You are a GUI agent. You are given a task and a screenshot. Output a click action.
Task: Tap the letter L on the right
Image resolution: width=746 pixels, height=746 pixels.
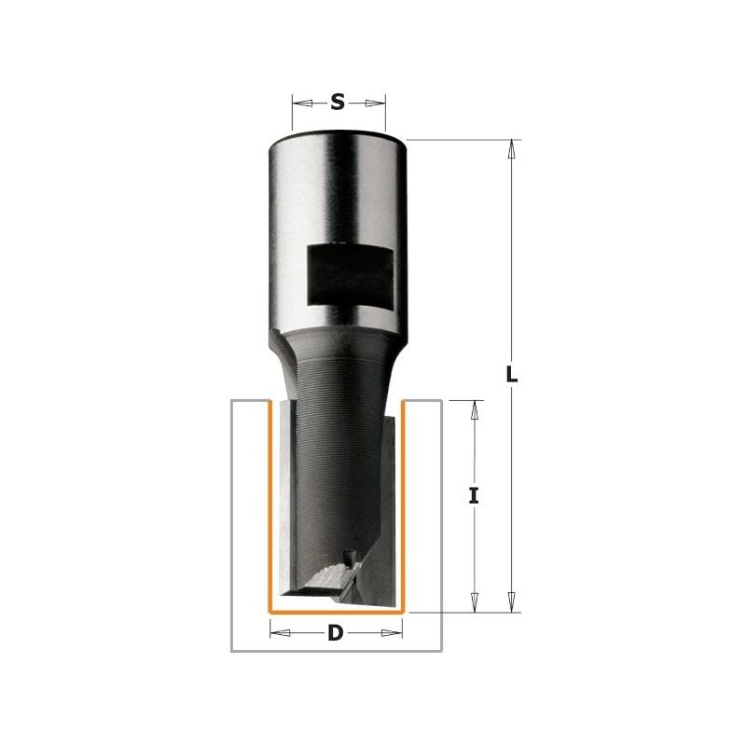coord(511,376)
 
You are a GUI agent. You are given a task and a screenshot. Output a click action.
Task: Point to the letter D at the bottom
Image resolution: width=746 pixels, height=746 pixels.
coord(336,634)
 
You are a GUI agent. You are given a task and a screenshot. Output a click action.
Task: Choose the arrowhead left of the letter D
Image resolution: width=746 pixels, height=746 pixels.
coord(278,633)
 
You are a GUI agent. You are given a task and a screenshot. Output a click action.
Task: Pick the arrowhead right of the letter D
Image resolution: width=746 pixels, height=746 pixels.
coord(395,633)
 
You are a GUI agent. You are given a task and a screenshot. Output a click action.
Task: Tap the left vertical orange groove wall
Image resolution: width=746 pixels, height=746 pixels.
coord(269,504)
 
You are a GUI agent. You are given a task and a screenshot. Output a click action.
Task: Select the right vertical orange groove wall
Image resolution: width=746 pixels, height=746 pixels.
coord(403,504)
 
